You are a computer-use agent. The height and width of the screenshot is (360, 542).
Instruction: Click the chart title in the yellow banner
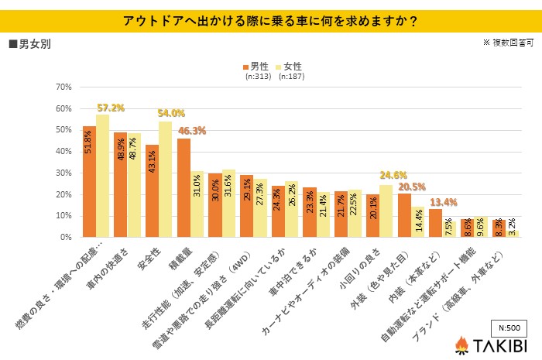[271, 21]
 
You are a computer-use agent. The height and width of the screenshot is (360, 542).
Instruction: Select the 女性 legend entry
[290, 67]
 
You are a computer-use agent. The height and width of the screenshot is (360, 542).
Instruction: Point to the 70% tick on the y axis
[62, 87]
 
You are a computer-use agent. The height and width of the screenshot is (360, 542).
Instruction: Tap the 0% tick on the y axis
[64, 238]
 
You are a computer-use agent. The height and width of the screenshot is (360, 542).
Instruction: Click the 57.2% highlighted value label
[111, 107]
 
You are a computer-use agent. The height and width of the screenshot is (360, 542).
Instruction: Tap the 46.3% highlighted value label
[192, 131]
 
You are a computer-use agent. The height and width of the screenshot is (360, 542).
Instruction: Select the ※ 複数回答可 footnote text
[507, 43]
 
